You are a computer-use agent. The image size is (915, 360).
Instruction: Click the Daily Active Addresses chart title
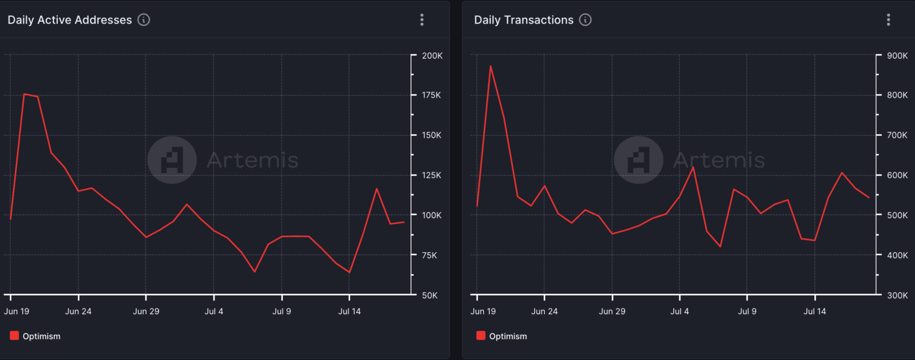pyautogui.click(x=70, y=20)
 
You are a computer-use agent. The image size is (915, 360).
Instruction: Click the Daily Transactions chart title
pyautogui.click(x=524, y=20)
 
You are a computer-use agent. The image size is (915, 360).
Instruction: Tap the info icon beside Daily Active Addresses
pyautogui.click(x=144, y=20)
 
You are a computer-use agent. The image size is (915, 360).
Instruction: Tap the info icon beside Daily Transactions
pyautogui.click(x=586, y=20)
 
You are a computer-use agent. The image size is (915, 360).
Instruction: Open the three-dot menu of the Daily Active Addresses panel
pyautogui.click(x=422, y=20)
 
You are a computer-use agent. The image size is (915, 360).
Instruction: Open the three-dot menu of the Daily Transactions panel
pyautogui.click(x=888, y=20)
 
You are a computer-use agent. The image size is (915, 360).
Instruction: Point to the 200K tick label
pyautogui.click(x=432, y=55)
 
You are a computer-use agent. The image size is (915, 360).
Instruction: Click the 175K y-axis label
pyautogui.click(x=432, y=95)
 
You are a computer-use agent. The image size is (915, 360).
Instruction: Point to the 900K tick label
pyautogui.click(x=898, y=55)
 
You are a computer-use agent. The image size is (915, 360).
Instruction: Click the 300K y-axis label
pyautogui.click(x=898, y=295)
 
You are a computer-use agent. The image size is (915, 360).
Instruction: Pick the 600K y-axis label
pyautogui.click(x=898, y=175)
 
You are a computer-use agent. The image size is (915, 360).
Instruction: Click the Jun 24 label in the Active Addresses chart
pyautogui.click(x=78, y=311)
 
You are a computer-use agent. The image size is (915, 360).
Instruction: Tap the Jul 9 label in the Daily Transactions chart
pyautogui.click(x=747, y=311)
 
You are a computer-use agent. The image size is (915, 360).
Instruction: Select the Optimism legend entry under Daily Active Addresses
pyautogui.click(x=36, y=336)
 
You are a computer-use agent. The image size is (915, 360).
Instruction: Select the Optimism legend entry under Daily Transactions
pyautogui.click(x=502, y=336)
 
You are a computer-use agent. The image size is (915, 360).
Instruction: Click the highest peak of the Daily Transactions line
pyautogui.click(x=490, y=66)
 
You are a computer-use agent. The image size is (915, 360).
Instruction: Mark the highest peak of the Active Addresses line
pyautogui.click(x=24, y=94)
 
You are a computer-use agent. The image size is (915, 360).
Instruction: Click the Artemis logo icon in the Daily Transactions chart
pyautogui.click(x=638, y=160)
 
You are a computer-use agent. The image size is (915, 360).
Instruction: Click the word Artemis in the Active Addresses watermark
pyautogui.click(x=252, y=160)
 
